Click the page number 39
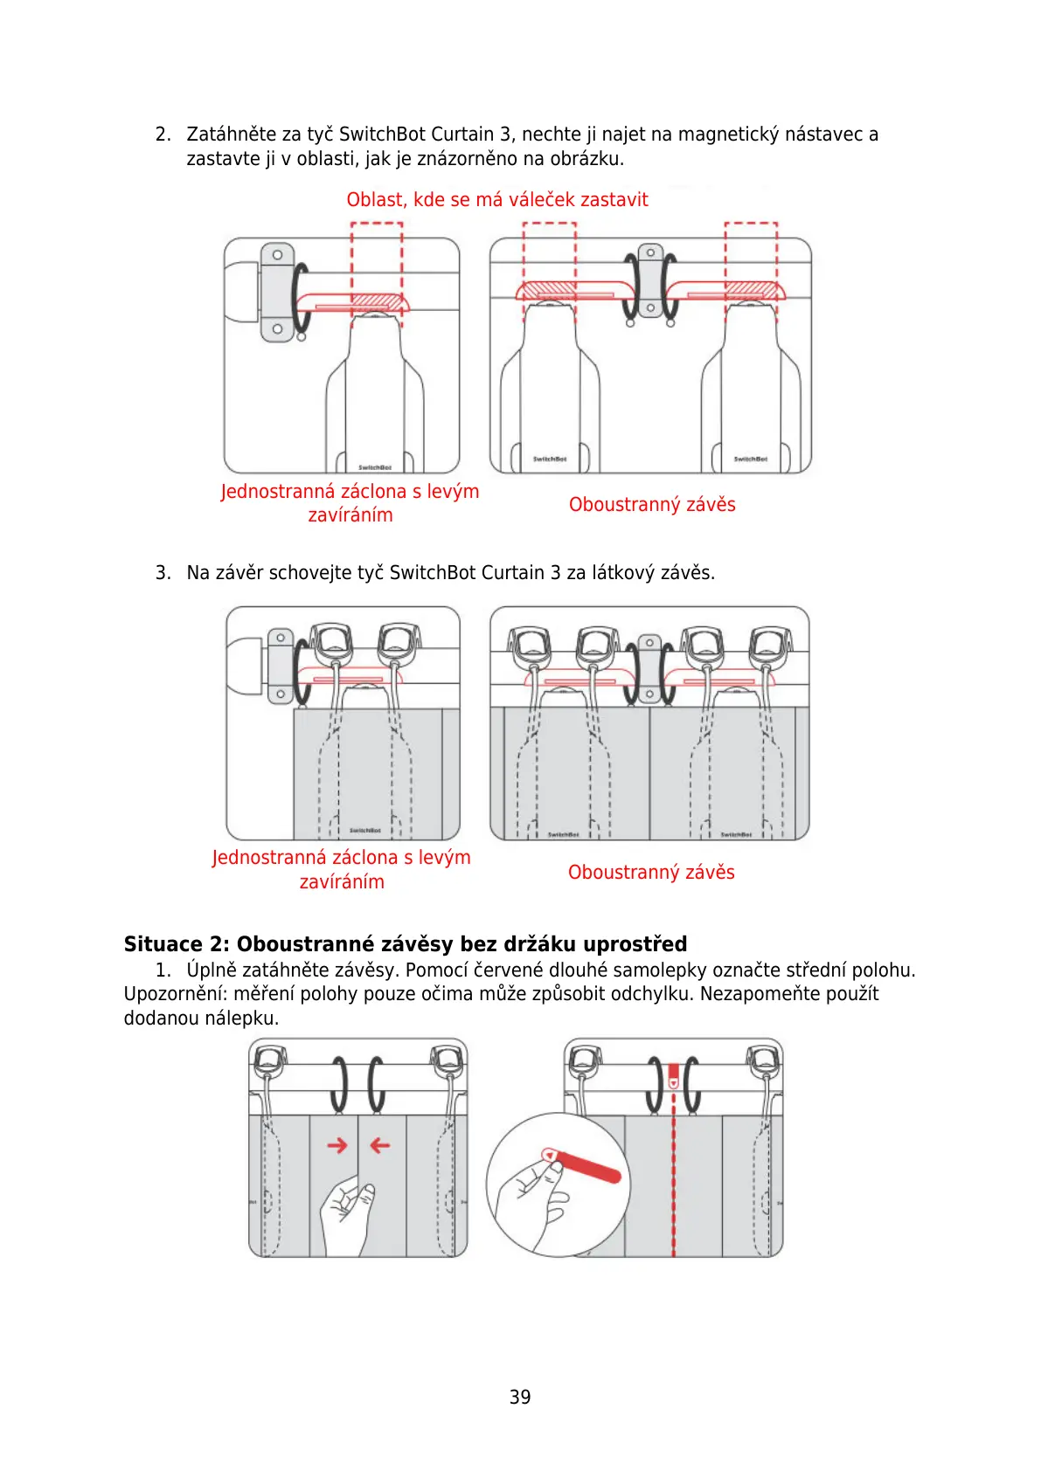pyautogui.click(x=520, y=1397)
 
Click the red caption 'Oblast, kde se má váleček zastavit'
pyautogui.click(x=496, y=199)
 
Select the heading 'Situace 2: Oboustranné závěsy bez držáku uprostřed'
pyautogui.click(x=406, y=943)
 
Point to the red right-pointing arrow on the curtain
pyautogui.click(x=337, y=1144)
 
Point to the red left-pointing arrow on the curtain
pyautogui.click(x=379, y=1144)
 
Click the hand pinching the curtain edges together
pyautogui.click(x=347, y=1214)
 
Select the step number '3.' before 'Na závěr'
pyautogui.click(x=163, y=573)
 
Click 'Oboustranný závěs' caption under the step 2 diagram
pyautogui.click(x=652, y=504)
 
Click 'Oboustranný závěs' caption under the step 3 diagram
pyautogui.click(x=651, y=872)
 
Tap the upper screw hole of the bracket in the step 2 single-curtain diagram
pyautogui.click(x=277, y=255)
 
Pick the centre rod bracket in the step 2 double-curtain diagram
pyautogui.click(x=650, y=280)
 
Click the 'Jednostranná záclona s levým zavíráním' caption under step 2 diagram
pyautogui.click(x=350, y=503)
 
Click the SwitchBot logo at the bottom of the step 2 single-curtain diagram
pyautogui.click(x=375, y=467)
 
